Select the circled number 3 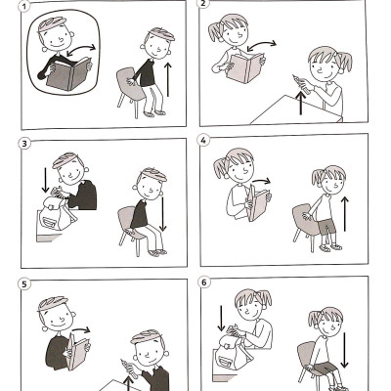click(24, 146)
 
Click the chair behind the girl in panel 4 click(304, 225)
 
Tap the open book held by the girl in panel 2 click(244, 67)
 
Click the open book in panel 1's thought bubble click(70, 74)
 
